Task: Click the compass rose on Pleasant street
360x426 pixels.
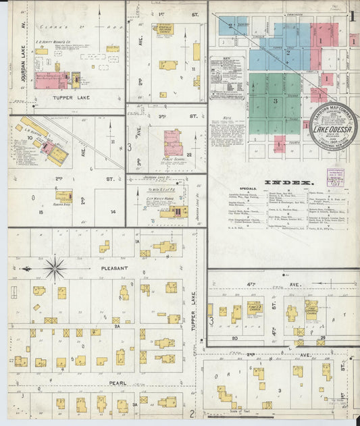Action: (x=54, y=267)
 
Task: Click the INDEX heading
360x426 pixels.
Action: (x=288, y=183)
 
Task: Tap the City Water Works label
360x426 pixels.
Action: (x=168, y=200)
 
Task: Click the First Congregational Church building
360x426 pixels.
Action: (x=311, y=310)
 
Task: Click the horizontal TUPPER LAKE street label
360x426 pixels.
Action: (x=71, y=97)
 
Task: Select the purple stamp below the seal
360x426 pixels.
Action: (x=335, y=178)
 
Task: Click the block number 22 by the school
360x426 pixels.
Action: (x=190, y=155)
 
